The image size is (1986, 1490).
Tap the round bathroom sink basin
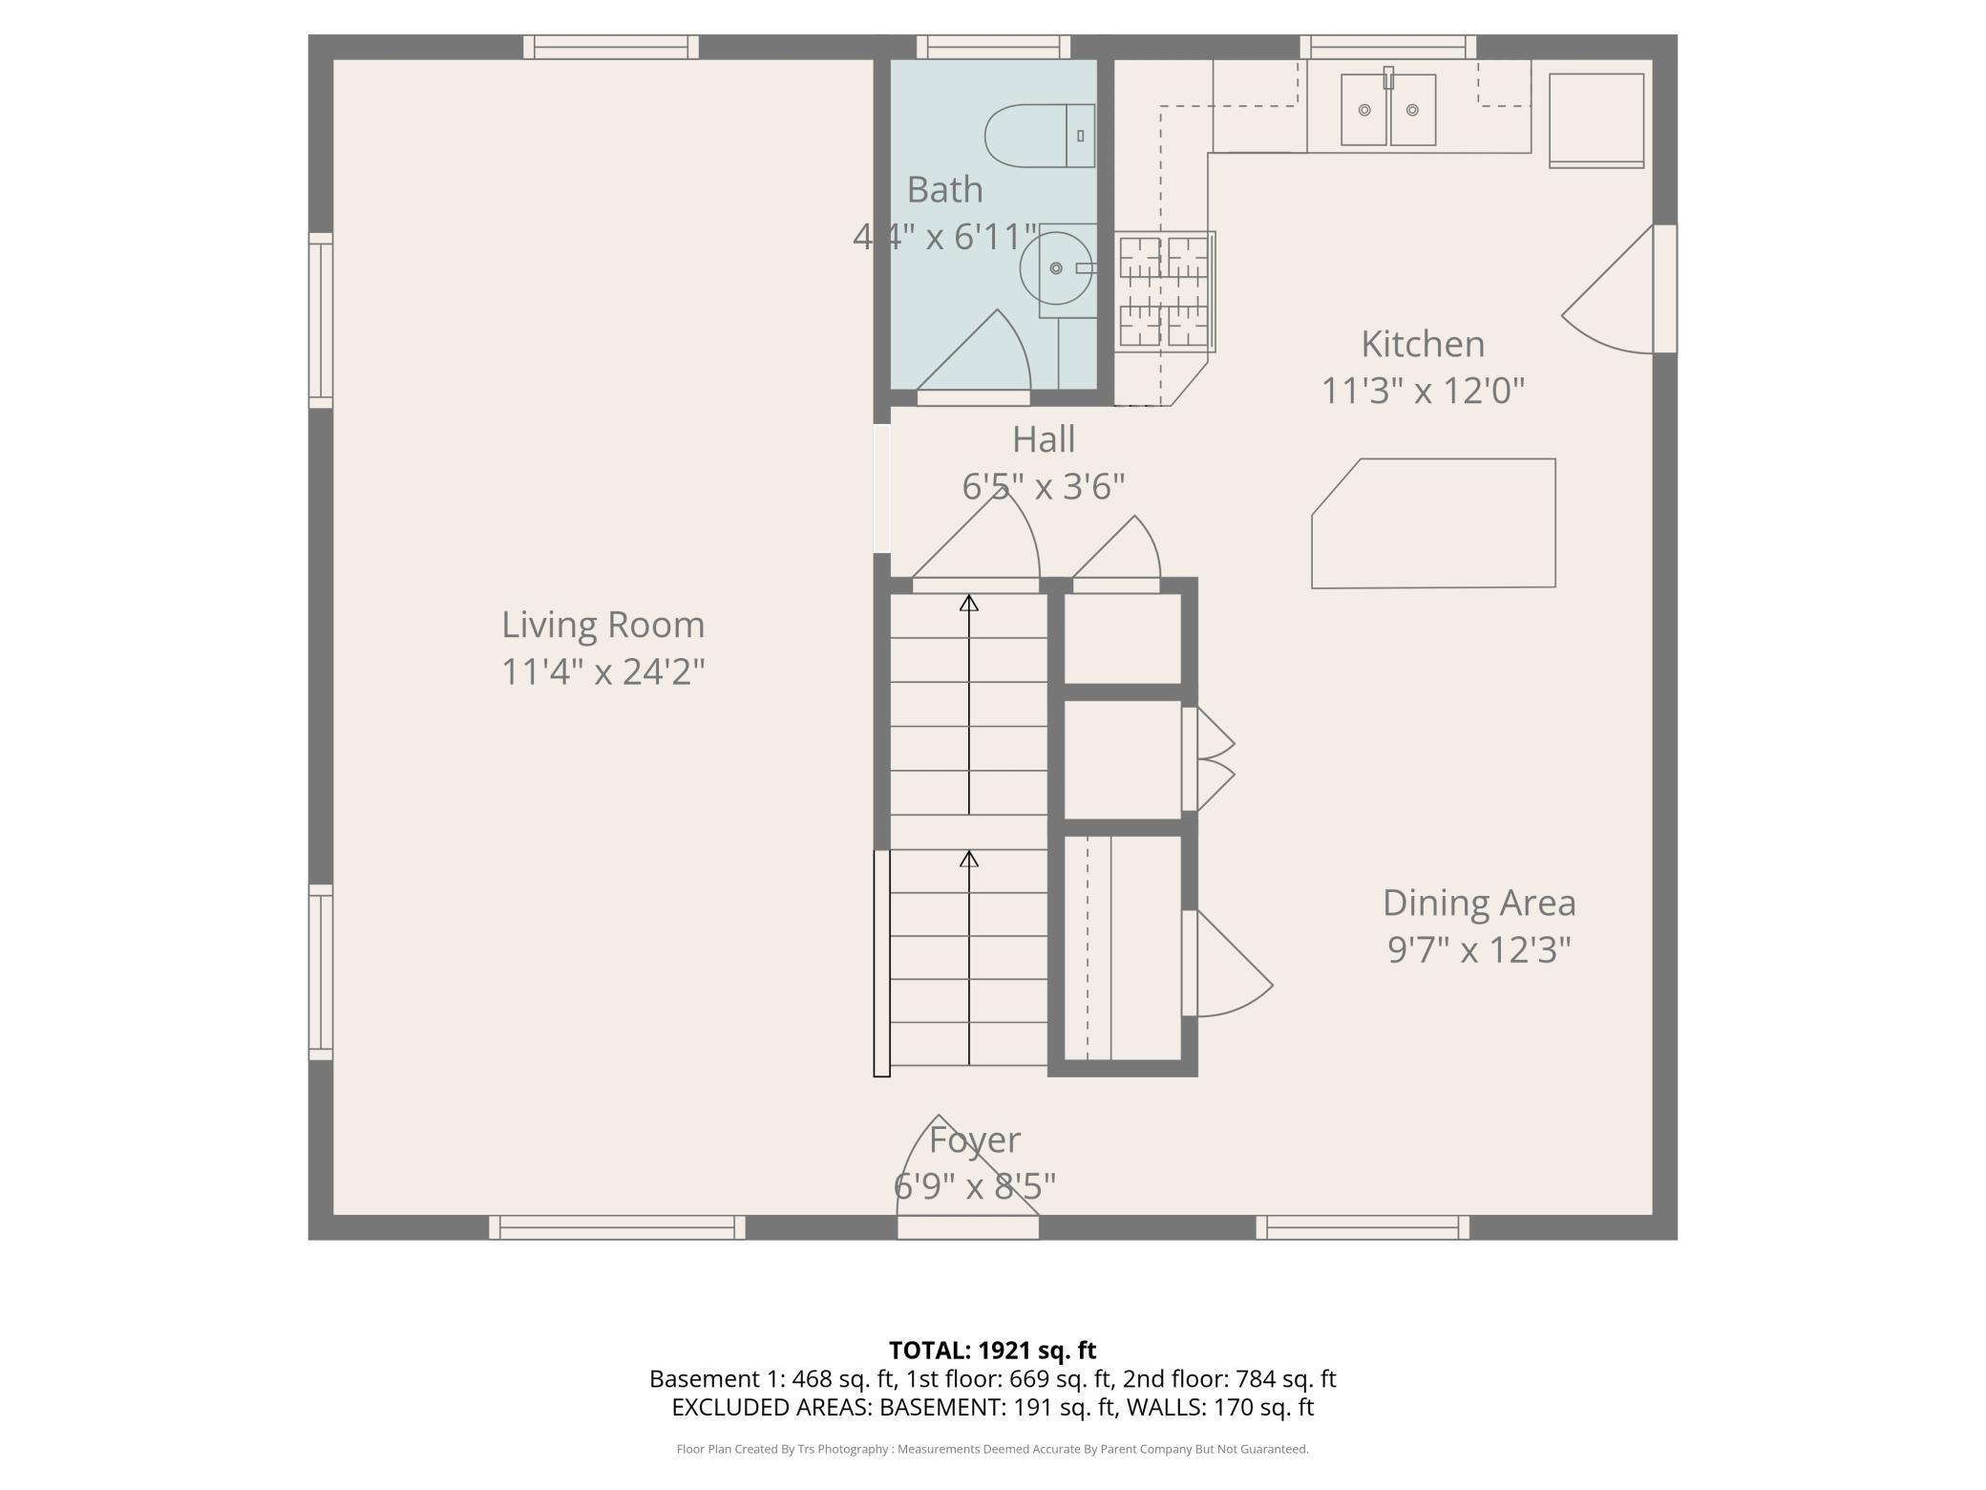tap(1056, 268)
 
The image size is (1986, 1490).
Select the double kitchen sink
tap(1388, 109)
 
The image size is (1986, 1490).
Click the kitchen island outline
tap(1433, 523)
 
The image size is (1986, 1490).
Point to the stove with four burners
tap(1164, 291)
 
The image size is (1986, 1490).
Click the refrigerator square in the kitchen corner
tap(1596, 120)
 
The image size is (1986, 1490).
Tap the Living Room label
tap(603, 625)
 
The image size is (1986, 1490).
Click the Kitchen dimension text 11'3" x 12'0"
tap(1423, 391)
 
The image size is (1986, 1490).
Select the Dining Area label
tap(1479, 903)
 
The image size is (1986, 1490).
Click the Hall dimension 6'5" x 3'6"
tap(1044, 486)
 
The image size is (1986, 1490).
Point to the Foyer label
tap(975, 1139)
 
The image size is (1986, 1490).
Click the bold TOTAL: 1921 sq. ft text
tap(992, 1350)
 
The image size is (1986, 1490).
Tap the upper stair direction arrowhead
tap(969, 603)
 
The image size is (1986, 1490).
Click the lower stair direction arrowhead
tap(969, 859)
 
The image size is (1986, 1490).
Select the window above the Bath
tap(993, 47)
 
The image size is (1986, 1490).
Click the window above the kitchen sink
tap(1388, 47)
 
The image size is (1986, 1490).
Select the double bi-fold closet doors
tap(1209, 759)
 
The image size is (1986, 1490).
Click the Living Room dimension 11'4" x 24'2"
tap(603, 671)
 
